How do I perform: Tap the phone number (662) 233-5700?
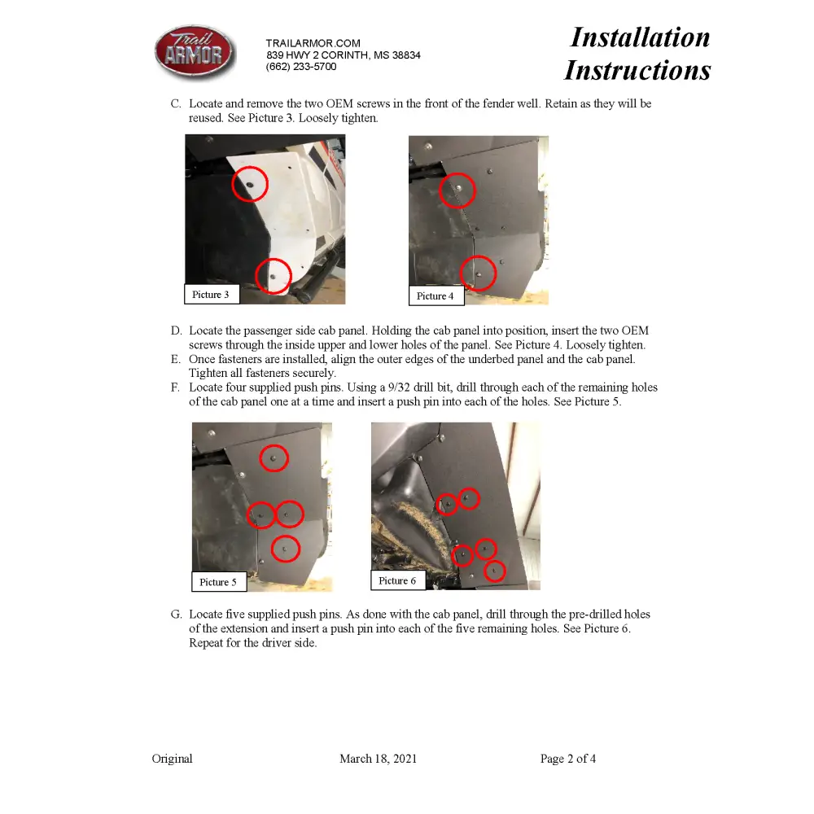[x=300, y=67]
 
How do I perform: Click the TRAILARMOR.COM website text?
[x=313, y=43]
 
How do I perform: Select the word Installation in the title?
[x=640, y=37]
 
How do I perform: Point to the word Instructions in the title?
[x=637, y=70]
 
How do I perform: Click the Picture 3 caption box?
[x=211, y=294]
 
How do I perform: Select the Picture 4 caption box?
[x=435, y=295]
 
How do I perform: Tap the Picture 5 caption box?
[x=218, y=582]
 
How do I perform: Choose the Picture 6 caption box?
[x=397, y=580]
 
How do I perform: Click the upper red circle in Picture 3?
[x=250, y=184]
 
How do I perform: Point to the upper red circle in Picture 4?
[x=457, y=190]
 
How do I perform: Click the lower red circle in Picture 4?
[x=478, y=273]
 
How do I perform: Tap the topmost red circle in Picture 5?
[x=274, y=458]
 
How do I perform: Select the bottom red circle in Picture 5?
[x=285, y=549]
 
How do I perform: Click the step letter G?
[x=176, y=614]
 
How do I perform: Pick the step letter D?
[x=176, y=330]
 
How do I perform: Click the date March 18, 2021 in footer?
[x=378, y=759]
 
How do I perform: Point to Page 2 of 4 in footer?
[x=567, y=759]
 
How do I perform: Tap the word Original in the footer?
[x=172, y=759]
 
